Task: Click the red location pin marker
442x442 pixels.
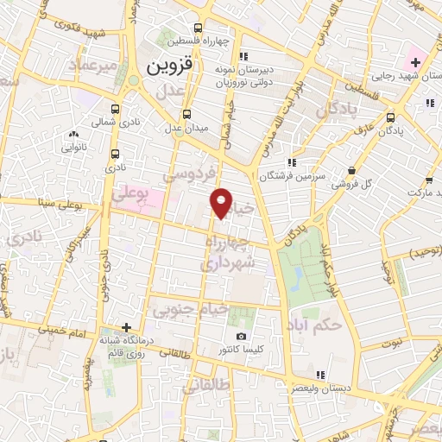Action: tap(222, 202)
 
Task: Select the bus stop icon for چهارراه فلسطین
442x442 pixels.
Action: tap(199, 27)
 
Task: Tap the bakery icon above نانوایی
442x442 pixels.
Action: tap(73, 134)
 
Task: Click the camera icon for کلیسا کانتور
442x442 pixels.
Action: tap(241, 336)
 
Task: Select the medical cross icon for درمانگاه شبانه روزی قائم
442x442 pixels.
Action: tap(126, 326)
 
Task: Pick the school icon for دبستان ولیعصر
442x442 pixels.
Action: tap(319, 375)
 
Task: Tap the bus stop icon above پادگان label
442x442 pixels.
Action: tap(391, 118)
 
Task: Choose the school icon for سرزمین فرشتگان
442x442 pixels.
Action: tap(293, 161)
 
